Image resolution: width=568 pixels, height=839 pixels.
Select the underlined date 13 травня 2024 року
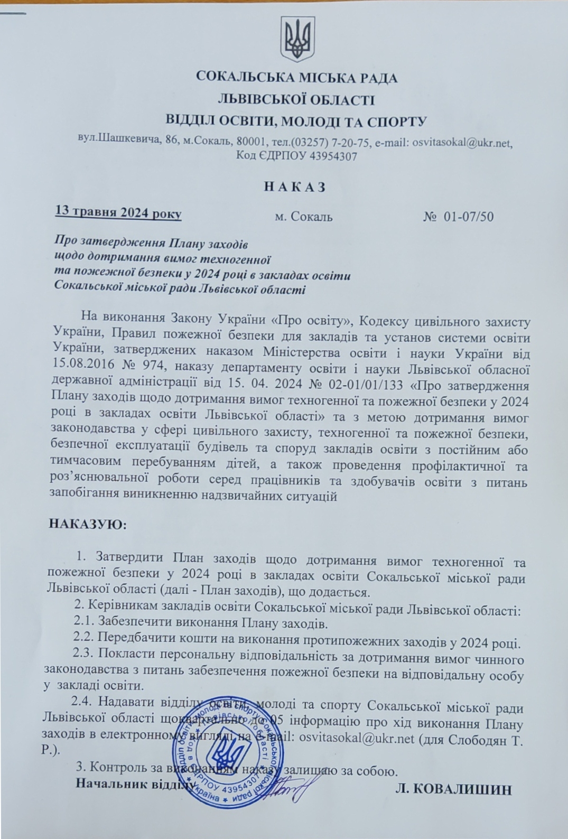118,213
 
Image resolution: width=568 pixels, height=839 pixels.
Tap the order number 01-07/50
469,217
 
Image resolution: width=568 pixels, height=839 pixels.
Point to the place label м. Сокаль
304,217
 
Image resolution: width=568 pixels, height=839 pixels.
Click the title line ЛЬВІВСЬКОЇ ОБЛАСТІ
296,99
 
